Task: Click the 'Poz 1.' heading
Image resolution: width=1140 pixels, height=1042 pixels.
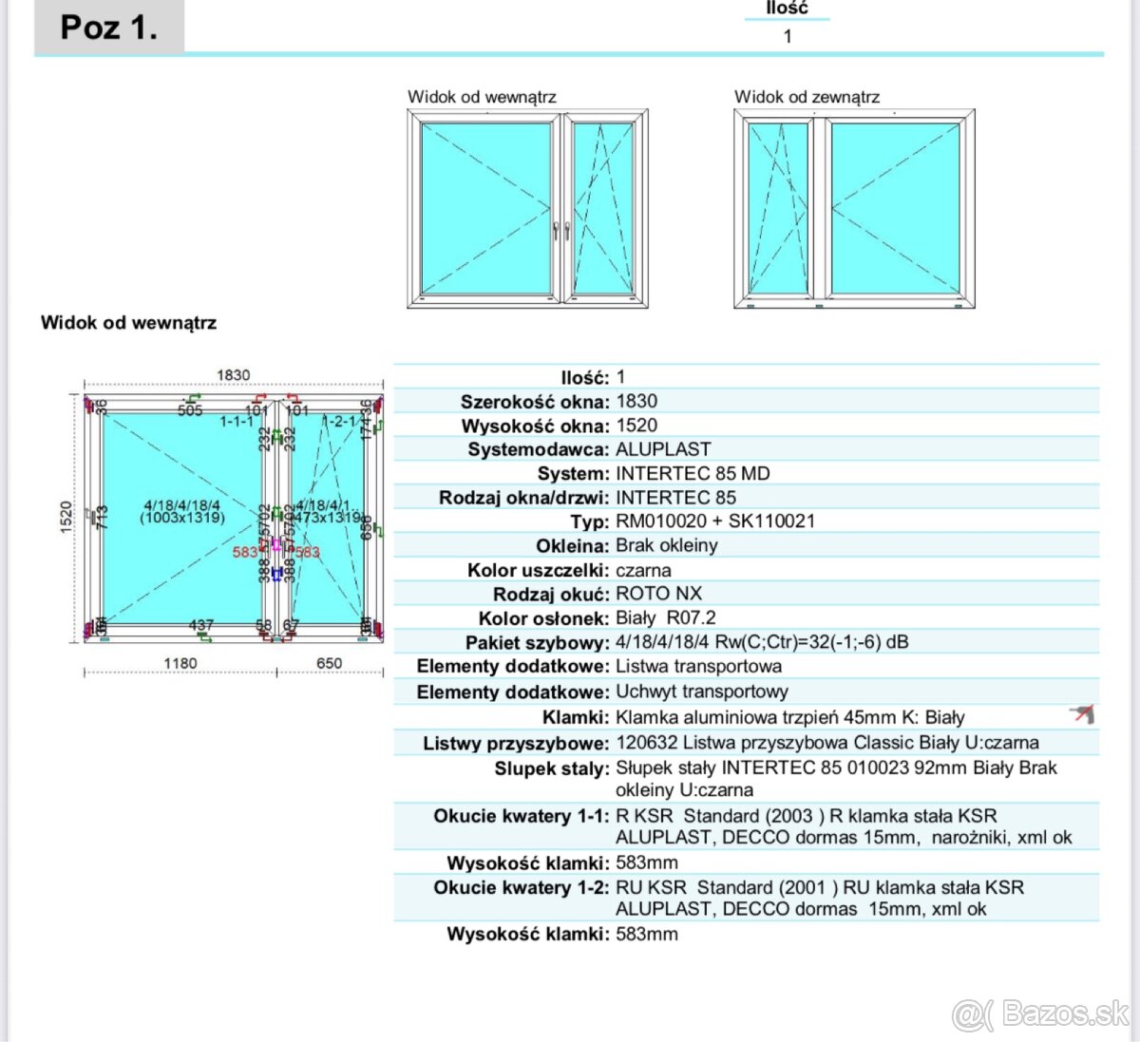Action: pos(108,28)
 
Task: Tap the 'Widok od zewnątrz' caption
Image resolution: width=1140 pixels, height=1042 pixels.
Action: pos(807,97)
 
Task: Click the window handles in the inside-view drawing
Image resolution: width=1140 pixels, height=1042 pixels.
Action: pos(561,230)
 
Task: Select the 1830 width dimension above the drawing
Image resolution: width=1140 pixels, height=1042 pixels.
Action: pos(233,375)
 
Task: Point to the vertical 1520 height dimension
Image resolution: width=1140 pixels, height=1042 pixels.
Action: pos(66,518)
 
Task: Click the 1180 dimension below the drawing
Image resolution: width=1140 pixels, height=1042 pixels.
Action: pos(180,663)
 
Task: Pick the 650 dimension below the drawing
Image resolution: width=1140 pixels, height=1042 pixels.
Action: pos(329,663)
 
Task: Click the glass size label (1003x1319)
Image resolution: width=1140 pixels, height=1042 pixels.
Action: pos(182,518)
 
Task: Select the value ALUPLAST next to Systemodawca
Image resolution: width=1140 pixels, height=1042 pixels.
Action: pos(663,449)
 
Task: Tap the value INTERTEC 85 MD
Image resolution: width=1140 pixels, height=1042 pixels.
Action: pos(693,473)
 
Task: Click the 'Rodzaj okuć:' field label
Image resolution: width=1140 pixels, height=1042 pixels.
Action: pos(550,595)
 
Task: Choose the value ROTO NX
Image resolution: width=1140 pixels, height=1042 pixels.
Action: pos(658,594)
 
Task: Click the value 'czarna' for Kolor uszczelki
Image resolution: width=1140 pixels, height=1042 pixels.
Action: pos(643,570)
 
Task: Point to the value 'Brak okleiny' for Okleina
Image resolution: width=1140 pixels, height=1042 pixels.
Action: pos(666,545)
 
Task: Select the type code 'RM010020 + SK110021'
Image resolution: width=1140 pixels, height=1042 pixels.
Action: pos(714,521)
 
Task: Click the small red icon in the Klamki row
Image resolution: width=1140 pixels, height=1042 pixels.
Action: pos(1082,714)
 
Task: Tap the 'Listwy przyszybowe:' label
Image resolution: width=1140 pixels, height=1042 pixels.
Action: pos(515,743)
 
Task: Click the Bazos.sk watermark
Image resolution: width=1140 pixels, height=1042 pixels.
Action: pos(1041,1014)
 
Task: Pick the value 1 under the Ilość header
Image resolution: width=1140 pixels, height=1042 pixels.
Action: pos(788,36)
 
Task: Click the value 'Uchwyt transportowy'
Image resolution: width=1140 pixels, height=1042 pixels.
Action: pos(701,692)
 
